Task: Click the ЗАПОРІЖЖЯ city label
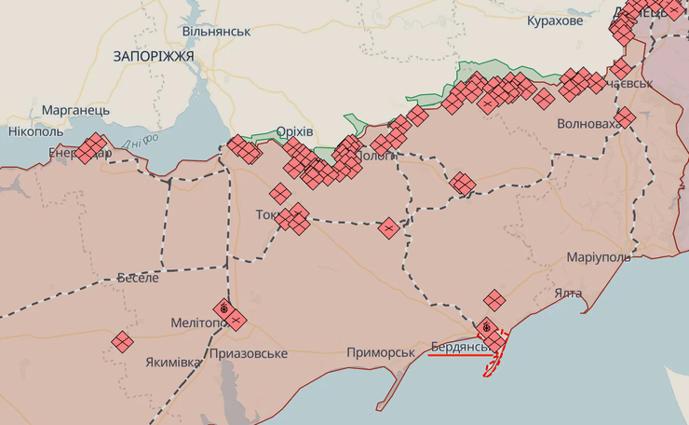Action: click(x=154, y=56)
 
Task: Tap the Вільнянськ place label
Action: click(x=216, y=31)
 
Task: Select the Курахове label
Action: click(x=555, y=21)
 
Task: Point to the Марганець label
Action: click(x=75, y=110)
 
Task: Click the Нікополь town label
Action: click(x=34, y=131)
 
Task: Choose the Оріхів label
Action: click(x=295, y=131)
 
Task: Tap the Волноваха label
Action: click(x=588, y=124)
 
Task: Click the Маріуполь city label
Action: click(x=598, y=256)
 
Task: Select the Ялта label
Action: click(x=568, y=293)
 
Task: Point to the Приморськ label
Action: click(x=380, y=352)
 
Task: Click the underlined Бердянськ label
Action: click(x=460, y=347)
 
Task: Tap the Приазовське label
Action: click(x=249, y=353)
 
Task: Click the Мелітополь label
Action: click(x=198, y=322)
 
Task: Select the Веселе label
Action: click(x=138, y=278)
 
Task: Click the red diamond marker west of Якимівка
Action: click(x=122, y=342)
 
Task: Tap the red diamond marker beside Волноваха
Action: click(x=625, y=117)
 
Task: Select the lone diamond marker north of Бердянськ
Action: click(x=494, y=299)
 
